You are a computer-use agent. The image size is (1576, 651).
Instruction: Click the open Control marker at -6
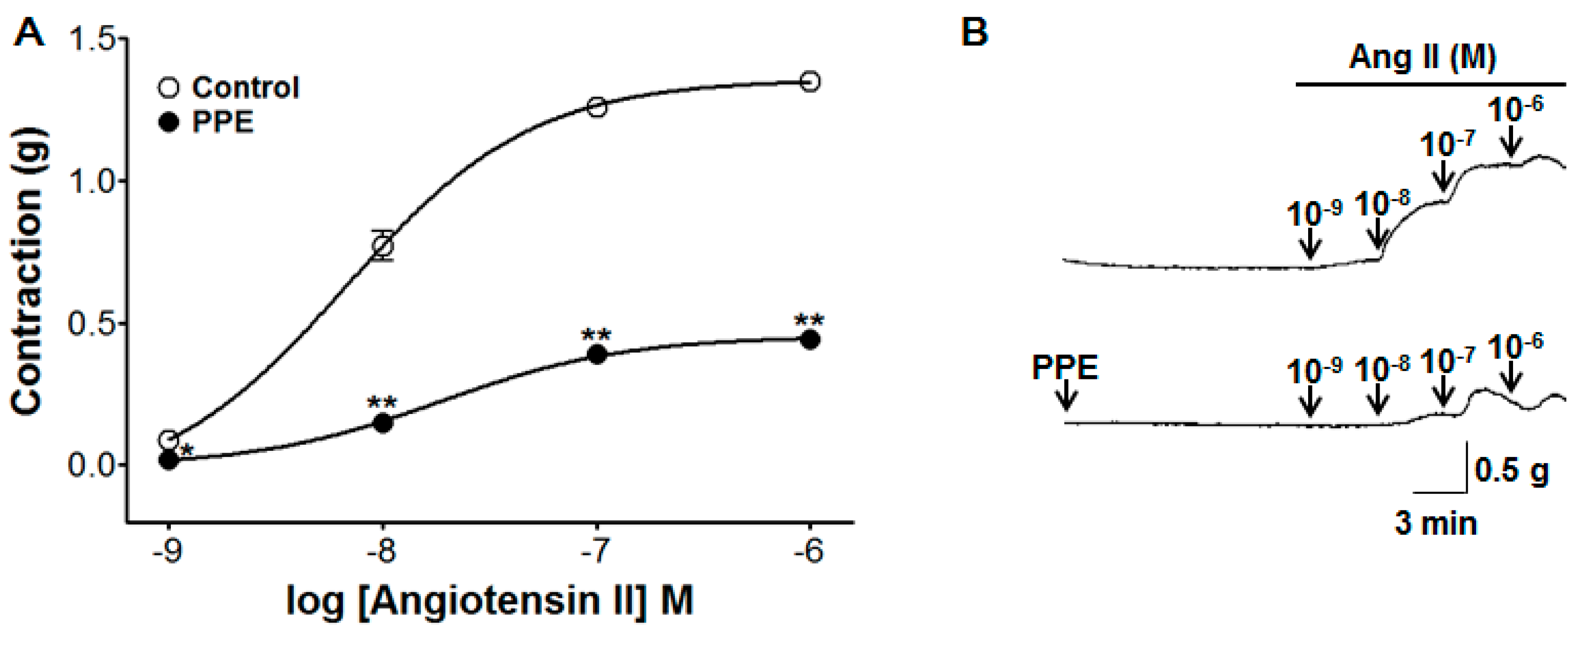click(x=810, y=81)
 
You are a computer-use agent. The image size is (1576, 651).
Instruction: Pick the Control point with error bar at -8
click(x=383, y=246)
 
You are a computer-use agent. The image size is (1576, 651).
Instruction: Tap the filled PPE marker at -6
click(x=810, y=340)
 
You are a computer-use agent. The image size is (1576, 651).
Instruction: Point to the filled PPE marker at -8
click(x=383, y=423)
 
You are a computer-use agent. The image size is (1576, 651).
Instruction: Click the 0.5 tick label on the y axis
click(x=92, y=324)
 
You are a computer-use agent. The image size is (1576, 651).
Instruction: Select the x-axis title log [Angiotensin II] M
click(x=489, y=601)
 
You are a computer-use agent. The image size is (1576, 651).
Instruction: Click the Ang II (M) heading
click(x=1423, y=58)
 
